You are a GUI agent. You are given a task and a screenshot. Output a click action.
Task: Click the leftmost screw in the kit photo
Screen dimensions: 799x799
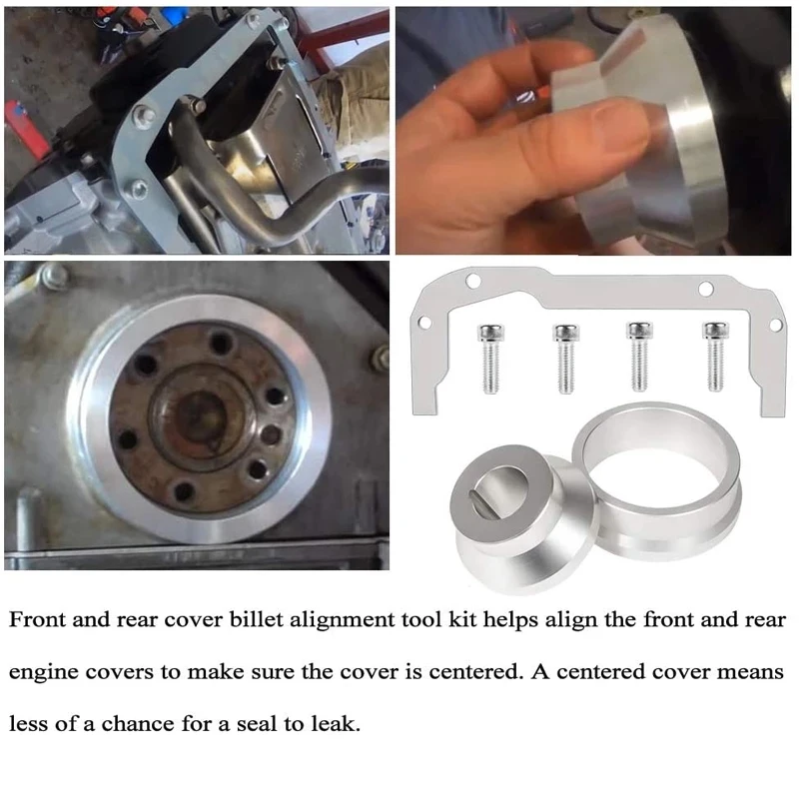coord(490,359)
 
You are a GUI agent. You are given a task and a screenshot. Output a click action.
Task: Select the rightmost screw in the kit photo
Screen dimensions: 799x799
coord(715,357)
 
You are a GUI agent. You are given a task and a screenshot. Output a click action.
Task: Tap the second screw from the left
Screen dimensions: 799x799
coord(566,359)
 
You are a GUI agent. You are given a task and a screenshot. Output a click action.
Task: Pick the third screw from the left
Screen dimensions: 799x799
coord(639,357)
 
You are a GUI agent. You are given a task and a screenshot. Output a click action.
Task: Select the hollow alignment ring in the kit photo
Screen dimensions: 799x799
coord(657,479)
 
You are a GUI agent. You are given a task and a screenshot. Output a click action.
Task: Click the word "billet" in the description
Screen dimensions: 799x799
coord(257,619)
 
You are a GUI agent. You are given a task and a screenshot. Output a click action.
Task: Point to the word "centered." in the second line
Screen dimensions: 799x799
coord(476,671)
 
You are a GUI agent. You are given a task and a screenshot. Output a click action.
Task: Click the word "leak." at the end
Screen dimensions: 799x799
coord(336,723)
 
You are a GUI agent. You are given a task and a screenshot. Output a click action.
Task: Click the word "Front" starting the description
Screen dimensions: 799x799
coord(37,619)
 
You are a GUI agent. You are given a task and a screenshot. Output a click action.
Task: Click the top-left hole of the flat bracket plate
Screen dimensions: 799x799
coord(473,281)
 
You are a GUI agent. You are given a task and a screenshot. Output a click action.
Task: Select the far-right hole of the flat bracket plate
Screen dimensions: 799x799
coord(775,325)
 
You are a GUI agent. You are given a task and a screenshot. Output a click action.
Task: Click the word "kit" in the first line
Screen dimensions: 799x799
coord(462,619)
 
